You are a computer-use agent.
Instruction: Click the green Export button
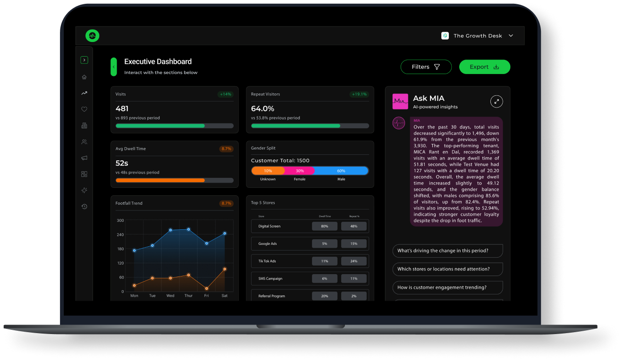point(485,67)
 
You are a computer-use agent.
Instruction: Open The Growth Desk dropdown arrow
point(511,35)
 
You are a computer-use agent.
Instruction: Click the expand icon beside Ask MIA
point(497,101)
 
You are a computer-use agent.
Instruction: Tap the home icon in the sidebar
point(84,77)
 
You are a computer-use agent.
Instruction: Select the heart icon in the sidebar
point(84,109)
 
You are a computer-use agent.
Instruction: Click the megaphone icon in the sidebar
point(84,158)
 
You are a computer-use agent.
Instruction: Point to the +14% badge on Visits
point(225,94)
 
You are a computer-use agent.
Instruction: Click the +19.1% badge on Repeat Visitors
point(359,94)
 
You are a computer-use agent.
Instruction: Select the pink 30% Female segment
point(300,171)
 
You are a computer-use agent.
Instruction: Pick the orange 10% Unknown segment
point(268,171)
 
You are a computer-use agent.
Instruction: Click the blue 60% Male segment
point(341,171)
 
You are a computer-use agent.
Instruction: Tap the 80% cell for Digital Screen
point(325,226)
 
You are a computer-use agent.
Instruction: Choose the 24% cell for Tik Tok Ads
point(354,261)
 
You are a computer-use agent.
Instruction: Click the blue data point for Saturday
point(225,234)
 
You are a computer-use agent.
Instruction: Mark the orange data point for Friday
point(206,289)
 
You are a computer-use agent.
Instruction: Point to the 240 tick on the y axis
point(120,234)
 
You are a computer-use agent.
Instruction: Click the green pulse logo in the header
point(93,35)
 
